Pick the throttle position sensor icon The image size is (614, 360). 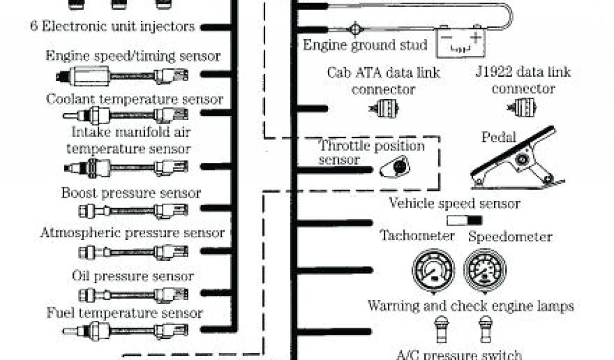pos(395,166)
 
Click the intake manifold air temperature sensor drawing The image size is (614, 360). pos(126,167)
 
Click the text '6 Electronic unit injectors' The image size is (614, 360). pos(113,26)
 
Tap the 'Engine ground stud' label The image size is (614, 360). pos(365,45)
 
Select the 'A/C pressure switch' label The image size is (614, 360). pos(456,355)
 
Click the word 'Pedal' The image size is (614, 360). pos(498,137)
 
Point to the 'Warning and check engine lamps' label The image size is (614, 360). pos(471,306)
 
